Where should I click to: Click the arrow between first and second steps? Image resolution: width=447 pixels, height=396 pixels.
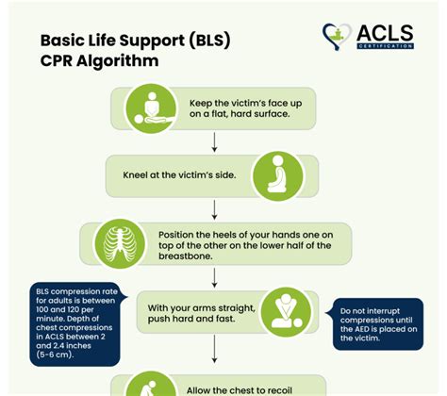215,141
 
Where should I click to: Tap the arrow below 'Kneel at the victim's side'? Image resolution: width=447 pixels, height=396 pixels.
215,208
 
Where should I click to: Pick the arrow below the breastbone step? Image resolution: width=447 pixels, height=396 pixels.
215,279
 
